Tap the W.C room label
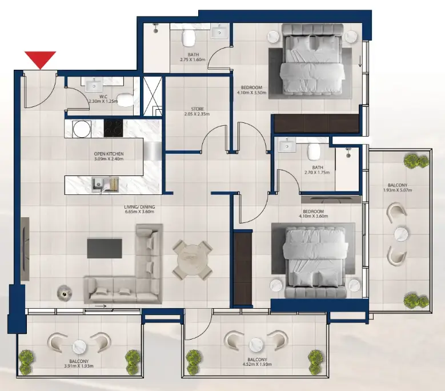(x=103, y=97)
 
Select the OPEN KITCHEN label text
(x=109, y=154)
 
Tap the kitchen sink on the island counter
(x=97, y=183)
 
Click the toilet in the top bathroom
(x=189, y=39)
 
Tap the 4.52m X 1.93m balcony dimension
(x=256, y=364)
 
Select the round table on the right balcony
(x=403, y=234)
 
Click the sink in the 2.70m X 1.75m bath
(x=285, y=146)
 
